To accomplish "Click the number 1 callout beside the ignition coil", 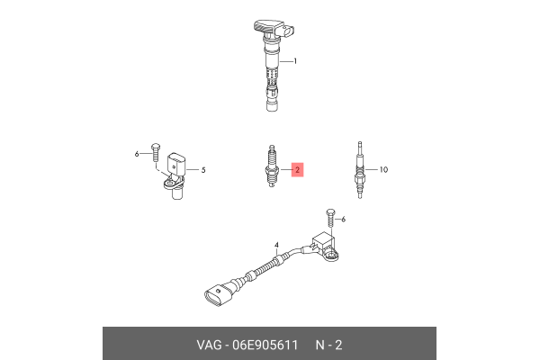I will pos(295,62).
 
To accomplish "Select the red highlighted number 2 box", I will pos(298,169).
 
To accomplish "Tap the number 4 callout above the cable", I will pos(277,245).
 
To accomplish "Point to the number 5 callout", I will pos(203,169).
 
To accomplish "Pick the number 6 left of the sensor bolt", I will pos(138,154).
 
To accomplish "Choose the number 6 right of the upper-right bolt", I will pos(343,220).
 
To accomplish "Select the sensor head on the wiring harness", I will pos(325,247).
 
